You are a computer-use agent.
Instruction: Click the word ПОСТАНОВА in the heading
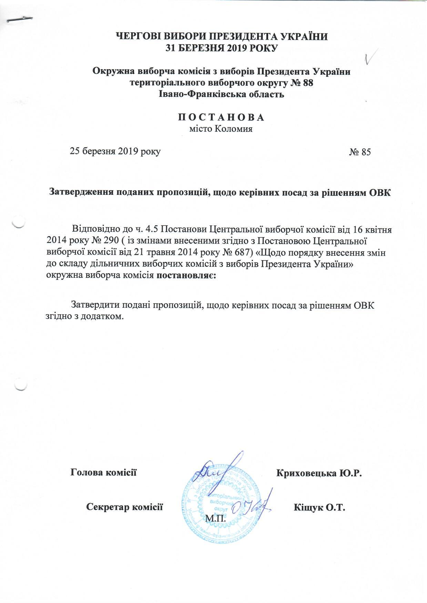click(x=221, y=117)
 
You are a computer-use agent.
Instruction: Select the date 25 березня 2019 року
click(x=115, y=151)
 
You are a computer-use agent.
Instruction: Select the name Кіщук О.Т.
click(x=319, y=507)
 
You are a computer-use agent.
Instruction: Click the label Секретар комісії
click(x=124, y=507)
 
